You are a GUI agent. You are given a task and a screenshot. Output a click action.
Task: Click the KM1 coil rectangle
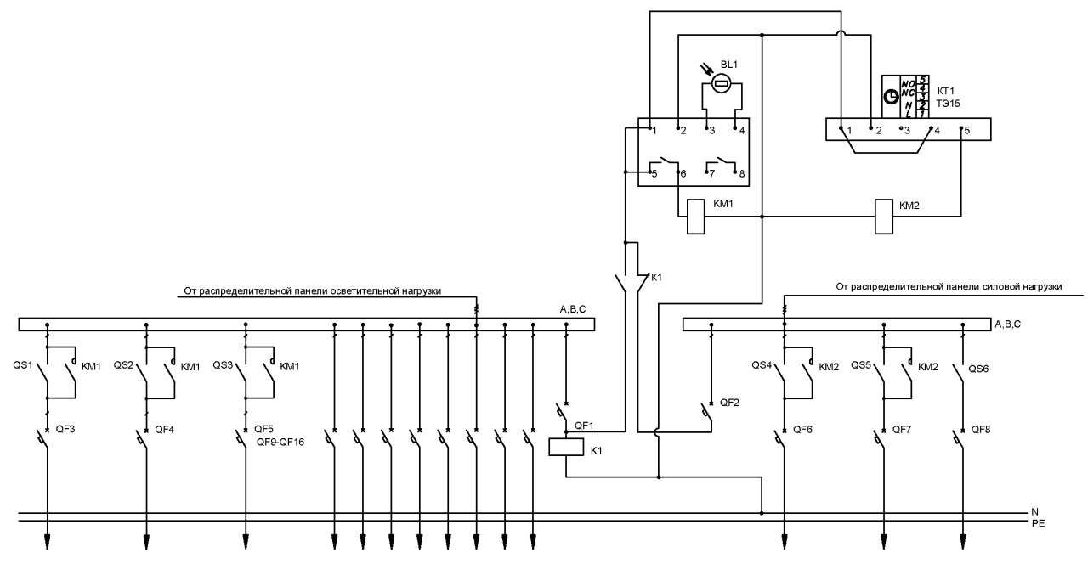pyautogui.click(x=695, y=217)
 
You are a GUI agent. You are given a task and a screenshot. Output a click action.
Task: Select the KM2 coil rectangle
pyautogui.click(x=883, y=217)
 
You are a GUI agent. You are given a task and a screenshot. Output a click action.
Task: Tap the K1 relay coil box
pyautogui.click(x=566, y=447)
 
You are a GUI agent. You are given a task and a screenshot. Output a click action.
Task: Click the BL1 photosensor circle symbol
pyautogui.click(x=722, y=84)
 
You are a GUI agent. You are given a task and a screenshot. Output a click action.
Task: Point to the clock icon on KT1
pyautogui.click(x=891, y=98)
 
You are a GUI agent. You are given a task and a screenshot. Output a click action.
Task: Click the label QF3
pyautogui.click(x=65, y=429)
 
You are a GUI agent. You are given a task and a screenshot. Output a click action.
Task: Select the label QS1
pyautogui.click(x=23, y=364)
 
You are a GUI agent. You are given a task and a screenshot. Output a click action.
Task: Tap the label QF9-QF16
pyautogui.click(x=280, y=443)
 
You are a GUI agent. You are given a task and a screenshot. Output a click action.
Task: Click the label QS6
pyautogui.click(x=978, y=369)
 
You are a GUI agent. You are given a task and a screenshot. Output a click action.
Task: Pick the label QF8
pyautogui.click(x=981, y=430)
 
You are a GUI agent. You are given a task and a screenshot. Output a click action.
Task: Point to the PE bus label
pyautogui.click(x=1039, y=524)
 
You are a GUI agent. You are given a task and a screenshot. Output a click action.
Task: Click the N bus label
pyautogui.click(x=1035, y=512)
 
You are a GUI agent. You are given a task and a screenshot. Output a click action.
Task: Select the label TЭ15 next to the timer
pyautogui.click(x=948, y=104)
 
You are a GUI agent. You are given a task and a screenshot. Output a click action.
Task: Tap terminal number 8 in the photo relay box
pyautogui.click(x=742, y=174)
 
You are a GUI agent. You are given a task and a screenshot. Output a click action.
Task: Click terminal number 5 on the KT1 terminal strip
pyautogui.click(x=966, y=131)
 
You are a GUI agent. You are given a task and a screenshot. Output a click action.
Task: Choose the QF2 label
pyautogui.click(x=729, y=403)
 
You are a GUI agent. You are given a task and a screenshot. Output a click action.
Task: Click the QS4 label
pyautogui.click(x=762, y=365)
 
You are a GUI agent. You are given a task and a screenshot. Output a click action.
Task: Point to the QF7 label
pyautogui.click(x=902, y=430)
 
